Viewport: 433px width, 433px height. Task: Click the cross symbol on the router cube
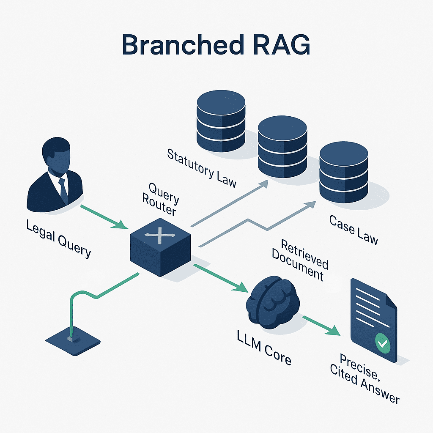tap(159, 234)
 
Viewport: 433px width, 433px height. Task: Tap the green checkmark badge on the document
tap(383, 344)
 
